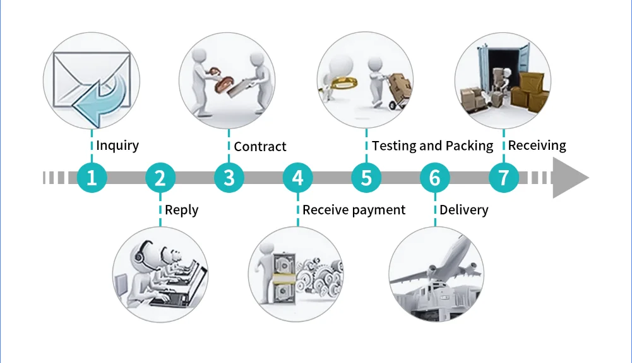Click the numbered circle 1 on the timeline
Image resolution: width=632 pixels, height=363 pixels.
92,178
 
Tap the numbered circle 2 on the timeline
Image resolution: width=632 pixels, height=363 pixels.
160,178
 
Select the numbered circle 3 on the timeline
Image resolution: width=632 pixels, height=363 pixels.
229,178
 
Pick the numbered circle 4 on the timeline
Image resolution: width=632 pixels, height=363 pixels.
297,178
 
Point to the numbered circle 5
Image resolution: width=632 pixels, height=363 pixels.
366,178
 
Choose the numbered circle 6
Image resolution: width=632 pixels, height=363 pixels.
434,178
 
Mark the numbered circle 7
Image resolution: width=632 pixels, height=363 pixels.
503,178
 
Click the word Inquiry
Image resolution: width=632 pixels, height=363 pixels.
117,145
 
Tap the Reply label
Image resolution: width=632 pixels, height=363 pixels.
182,210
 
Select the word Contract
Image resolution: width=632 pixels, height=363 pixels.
260,147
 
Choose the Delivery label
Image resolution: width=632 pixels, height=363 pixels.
464,210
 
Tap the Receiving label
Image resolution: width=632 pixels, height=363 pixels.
537,145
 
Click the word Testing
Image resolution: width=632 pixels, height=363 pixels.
398,146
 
